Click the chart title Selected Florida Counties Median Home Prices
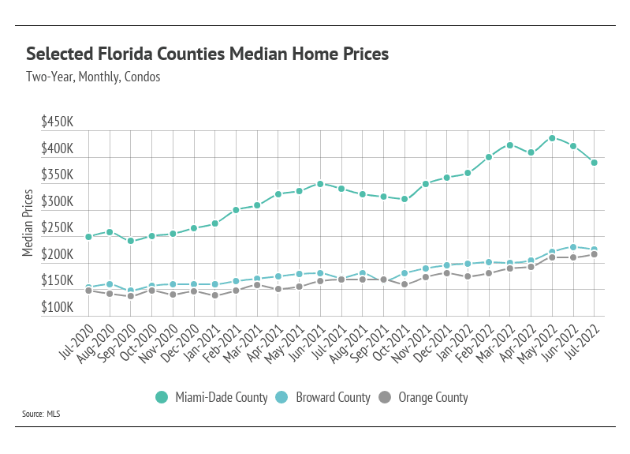207,54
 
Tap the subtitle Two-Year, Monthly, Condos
93,77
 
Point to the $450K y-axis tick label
58,123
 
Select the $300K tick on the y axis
58,202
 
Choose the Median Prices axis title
28,223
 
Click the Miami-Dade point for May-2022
552,138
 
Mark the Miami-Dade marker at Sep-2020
131,241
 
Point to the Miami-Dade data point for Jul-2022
594,163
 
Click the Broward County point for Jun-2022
573,247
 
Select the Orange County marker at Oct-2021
404,284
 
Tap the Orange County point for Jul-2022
594,254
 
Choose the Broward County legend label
333,397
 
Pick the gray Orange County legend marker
386,397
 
